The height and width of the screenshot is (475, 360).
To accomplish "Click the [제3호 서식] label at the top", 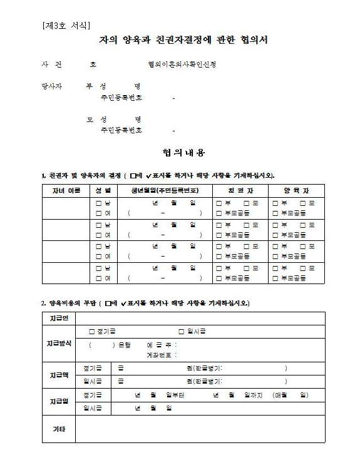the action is pyautogui.click(x=66, y=26).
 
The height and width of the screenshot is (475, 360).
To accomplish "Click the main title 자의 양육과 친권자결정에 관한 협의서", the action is pyautogui.click(x=183, y=40).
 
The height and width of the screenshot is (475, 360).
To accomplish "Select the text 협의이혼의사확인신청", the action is pyautogui.click(x=182, y=65).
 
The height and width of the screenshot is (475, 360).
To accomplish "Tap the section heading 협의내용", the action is pyautogui.click(x=183, y=152).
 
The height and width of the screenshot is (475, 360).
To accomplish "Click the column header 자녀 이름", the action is pyautogui.click(x=65, y=190).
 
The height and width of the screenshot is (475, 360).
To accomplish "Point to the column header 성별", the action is pyautogui.click(x=103, y=190).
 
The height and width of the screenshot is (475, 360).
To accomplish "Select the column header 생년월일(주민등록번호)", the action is pyautogui.click(x=165, y=190).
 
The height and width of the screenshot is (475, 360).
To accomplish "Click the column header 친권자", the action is pyautogui.click(x=240, y=190).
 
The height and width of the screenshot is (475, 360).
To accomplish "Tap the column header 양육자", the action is pyautogui.click(x=296, y=190).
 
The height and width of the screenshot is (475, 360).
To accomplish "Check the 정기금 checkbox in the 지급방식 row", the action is pyautogui.click(x=91, y=331).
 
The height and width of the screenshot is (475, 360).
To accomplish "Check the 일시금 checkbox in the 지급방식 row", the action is pyautogui.click(x=181, y=331).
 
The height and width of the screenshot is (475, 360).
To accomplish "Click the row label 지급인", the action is pyautogui.click(x=58, y=319).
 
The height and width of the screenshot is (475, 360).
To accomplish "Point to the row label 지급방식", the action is pyautogui.click(x=58, y=344).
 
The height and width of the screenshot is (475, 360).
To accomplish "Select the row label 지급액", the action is pyautogui.click(x=58, y=374).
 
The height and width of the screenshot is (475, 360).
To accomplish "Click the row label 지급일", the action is pyautogui.click(x=58, y=401).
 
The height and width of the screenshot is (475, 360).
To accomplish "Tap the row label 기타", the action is pyautogui.click(x=58, y=429).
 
